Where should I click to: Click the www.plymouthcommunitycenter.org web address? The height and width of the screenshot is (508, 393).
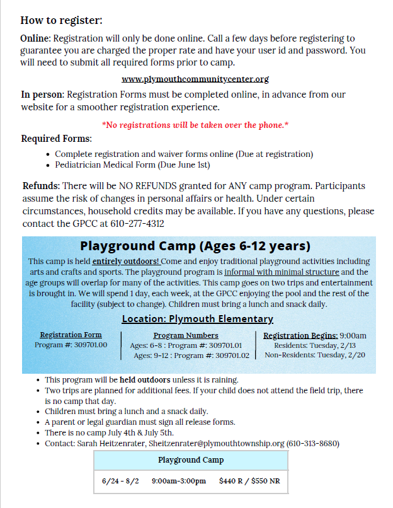(195, 79)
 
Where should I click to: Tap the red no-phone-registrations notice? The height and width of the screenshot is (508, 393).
(195, 125)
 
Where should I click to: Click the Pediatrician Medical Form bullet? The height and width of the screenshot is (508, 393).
(132, 165)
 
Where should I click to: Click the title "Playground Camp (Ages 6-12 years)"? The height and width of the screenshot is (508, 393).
(195, 246)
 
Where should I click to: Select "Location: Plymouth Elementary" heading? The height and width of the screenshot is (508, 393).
(197, 319)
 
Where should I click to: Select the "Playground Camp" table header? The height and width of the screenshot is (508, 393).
(191, 460)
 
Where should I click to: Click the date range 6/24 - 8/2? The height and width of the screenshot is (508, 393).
(120, 481)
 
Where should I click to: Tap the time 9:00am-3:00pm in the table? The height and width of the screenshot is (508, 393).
(179, 481)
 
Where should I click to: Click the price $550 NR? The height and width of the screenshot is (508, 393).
(267, 481)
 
